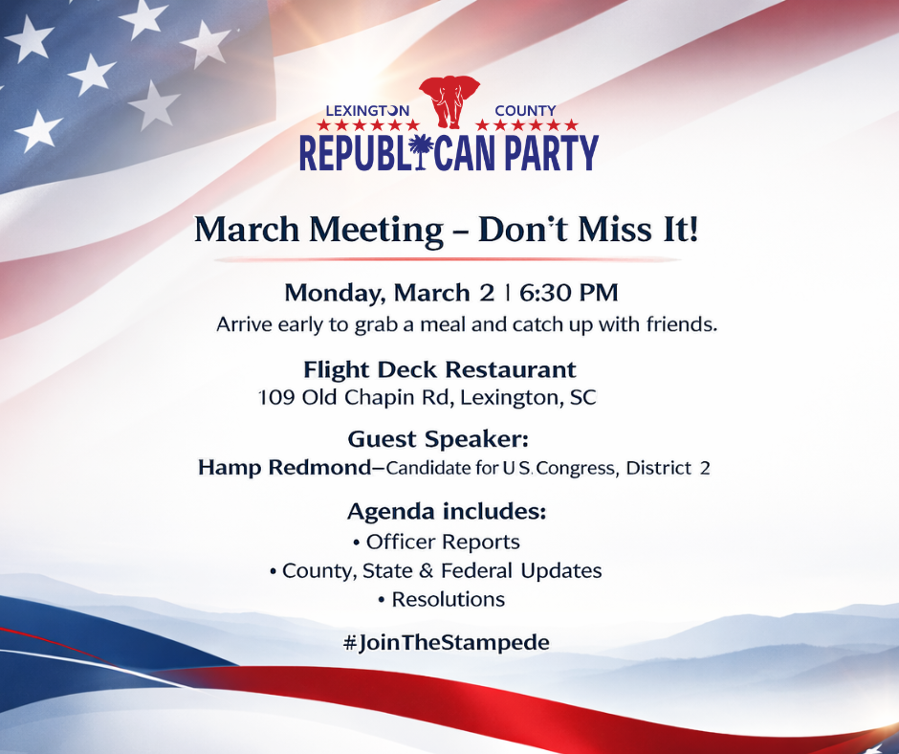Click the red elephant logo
449,101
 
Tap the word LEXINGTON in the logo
367,111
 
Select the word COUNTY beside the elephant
525,111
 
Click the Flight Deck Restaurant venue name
440,369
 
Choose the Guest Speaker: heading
438,439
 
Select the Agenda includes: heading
446,512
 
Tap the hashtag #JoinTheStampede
446,642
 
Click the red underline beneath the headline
448,259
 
